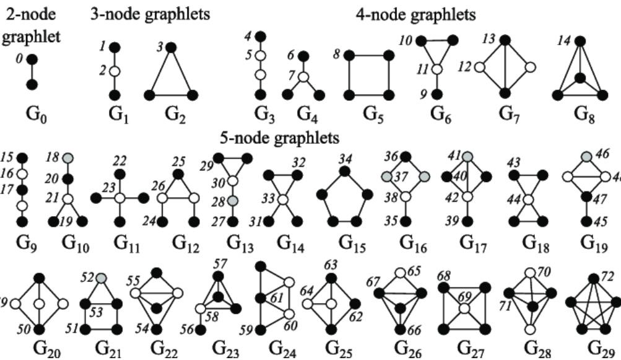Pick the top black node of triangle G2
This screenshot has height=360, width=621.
pos(172,47)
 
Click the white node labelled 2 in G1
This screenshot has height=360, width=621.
pos(113,71)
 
